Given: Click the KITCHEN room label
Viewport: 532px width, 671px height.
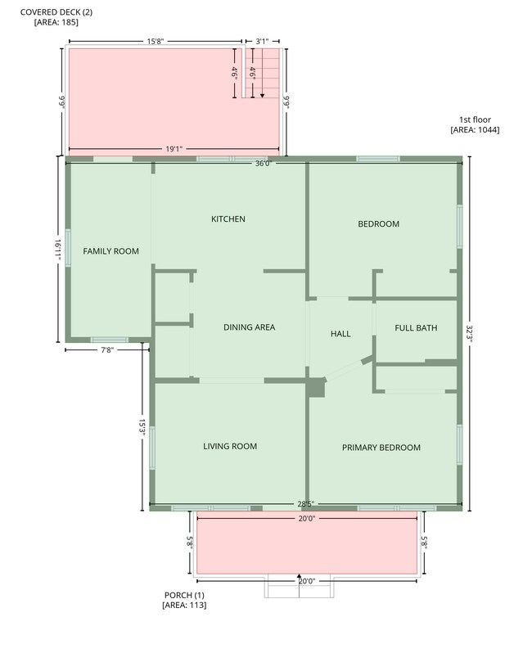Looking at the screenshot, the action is (x=228, y=219).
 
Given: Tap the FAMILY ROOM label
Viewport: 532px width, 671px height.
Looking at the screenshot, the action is (x=110, y=251).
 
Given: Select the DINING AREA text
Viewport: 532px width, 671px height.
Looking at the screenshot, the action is (x=249, y=327).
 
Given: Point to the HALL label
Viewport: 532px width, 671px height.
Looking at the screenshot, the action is (x=340, y=334).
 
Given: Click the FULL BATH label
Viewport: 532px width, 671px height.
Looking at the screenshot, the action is (x=416, y=328).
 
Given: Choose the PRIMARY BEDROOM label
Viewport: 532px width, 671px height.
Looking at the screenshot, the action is (x=381, y=448).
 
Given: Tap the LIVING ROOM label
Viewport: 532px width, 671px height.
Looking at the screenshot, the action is (x=230, y=446).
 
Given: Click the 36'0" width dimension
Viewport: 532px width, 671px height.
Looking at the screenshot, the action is (x=264, y=164).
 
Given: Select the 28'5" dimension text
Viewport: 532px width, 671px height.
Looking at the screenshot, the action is (x=305, y=504).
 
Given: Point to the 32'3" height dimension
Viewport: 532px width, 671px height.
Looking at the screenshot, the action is (x=469, y=333).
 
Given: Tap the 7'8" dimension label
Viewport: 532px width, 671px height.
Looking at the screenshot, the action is (x=107, y=350).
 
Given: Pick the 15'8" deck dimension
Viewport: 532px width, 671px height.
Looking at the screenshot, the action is (x=156, y=42).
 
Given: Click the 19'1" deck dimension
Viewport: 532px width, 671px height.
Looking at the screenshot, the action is (x=174, y=150).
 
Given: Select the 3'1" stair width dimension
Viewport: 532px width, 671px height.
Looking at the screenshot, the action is (x=262, y=42).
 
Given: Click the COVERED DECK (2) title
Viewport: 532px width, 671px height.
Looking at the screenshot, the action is (x=56, y=12).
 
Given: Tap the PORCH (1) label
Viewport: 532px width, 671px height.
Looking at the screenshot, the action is (x=184, y=595).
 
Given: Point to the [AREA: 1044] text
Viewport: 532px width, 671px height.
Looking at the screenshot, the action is (x=475, y=129).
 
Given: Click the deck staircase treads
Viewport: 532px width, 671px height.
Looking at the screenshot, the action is (x=262, y=73).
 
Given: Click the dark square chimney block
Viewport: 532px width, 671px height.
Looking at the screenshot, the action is (x=317, y=387).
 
